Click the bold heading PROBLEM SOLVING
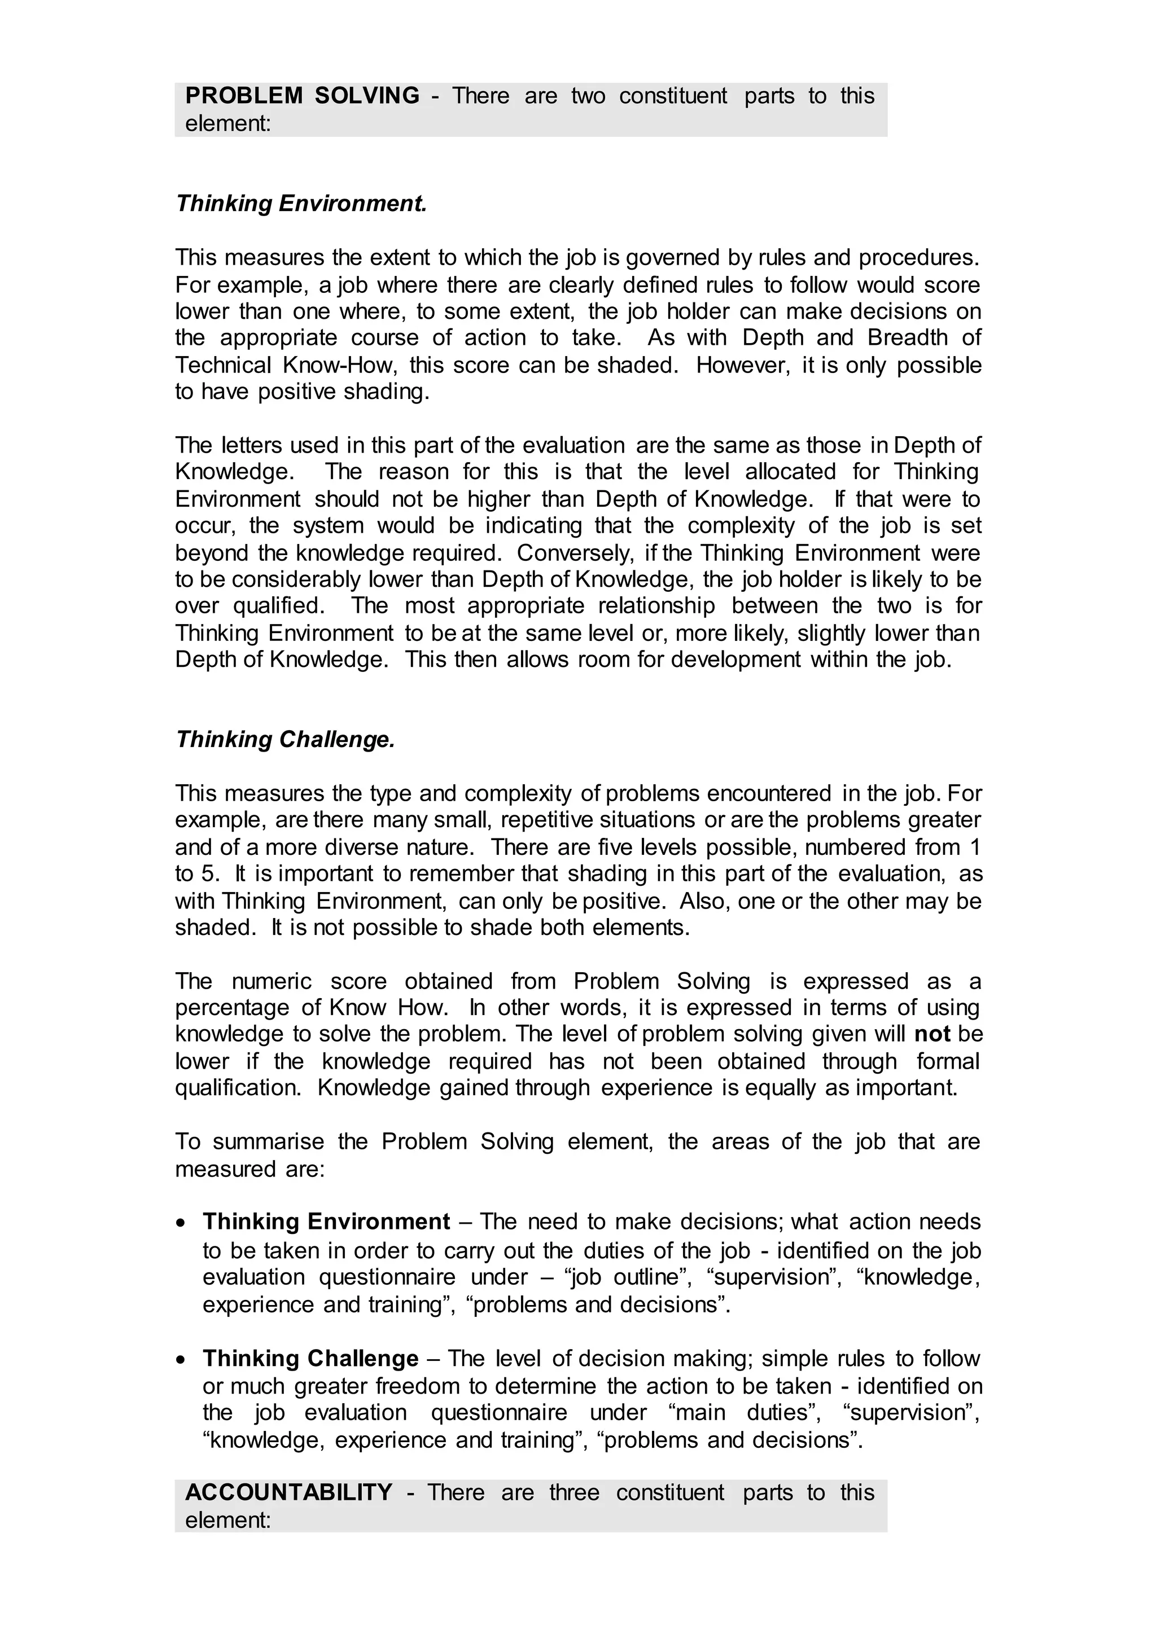(x=302, y=95)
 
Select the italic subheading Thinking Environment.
(x=301, y=204)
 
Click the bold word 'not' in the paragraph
(x=932, y=1034)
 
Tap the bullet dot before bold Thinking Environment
(x=183, y=1223)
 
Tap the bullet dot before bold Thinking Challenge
(x=183, y=1360)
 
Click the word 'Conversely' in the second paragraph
(x=576, y=553)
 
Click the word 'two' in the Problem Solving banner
(x=588, y=95)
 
